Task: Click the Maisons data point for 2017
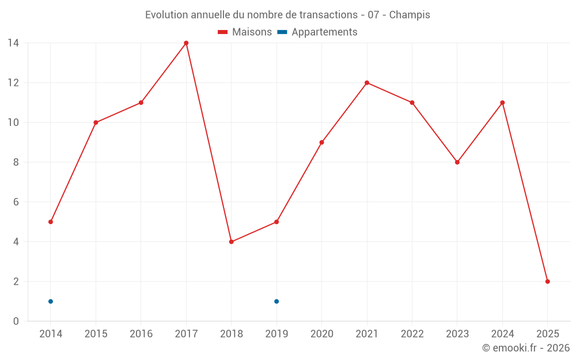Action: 186,43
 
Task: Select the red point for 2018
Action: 231,242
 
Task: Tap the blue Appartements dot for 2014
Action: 51,301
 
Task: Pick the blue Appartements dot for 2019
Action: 276,301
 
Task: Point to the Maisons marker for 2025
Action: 547,282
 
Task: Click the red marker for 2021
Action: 367,83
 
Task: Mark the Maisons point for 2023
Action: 457,162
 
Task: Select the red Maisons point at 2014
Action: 51,222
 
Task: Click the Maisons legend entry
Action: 245,32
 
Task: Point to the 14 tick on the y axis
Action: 13,43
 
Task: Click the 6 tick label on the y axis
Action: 16,202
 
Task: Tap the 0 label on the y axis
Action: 16,321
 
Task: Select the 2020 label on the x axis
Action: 321,334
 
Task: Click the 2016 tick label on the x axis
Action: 141,334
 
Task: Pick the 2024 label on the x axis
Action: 502,334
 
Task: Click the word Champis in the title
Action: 410,15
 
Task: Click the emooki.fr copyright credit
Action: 526,348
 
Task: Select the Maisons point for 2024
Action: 502,103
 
